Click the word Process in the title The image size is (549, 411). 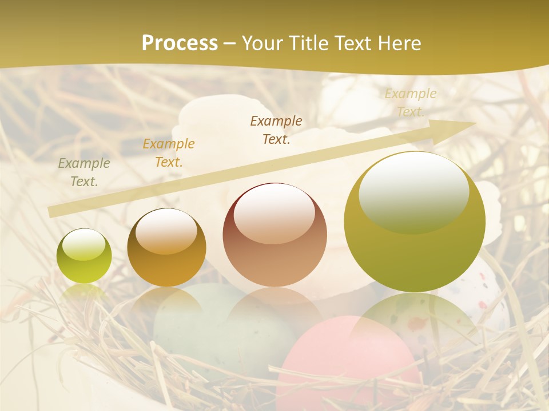point(180,43)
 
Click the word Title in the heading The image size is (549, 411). point(309,43)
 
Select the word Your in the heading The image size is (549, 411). point(264,43)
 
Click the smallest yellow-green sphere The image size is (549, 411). point(84,256)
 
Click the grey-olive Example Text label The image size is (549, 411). point(84,172)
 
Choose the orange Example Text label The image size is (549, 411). point(169,152)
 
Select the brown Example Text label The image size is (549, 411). point(276,130)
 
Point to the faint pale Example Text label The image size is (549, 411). point(410,102)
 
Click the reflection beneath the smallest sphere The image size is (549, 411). point(84,293)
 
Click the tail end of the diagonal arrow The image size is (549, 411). point(53,212)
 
